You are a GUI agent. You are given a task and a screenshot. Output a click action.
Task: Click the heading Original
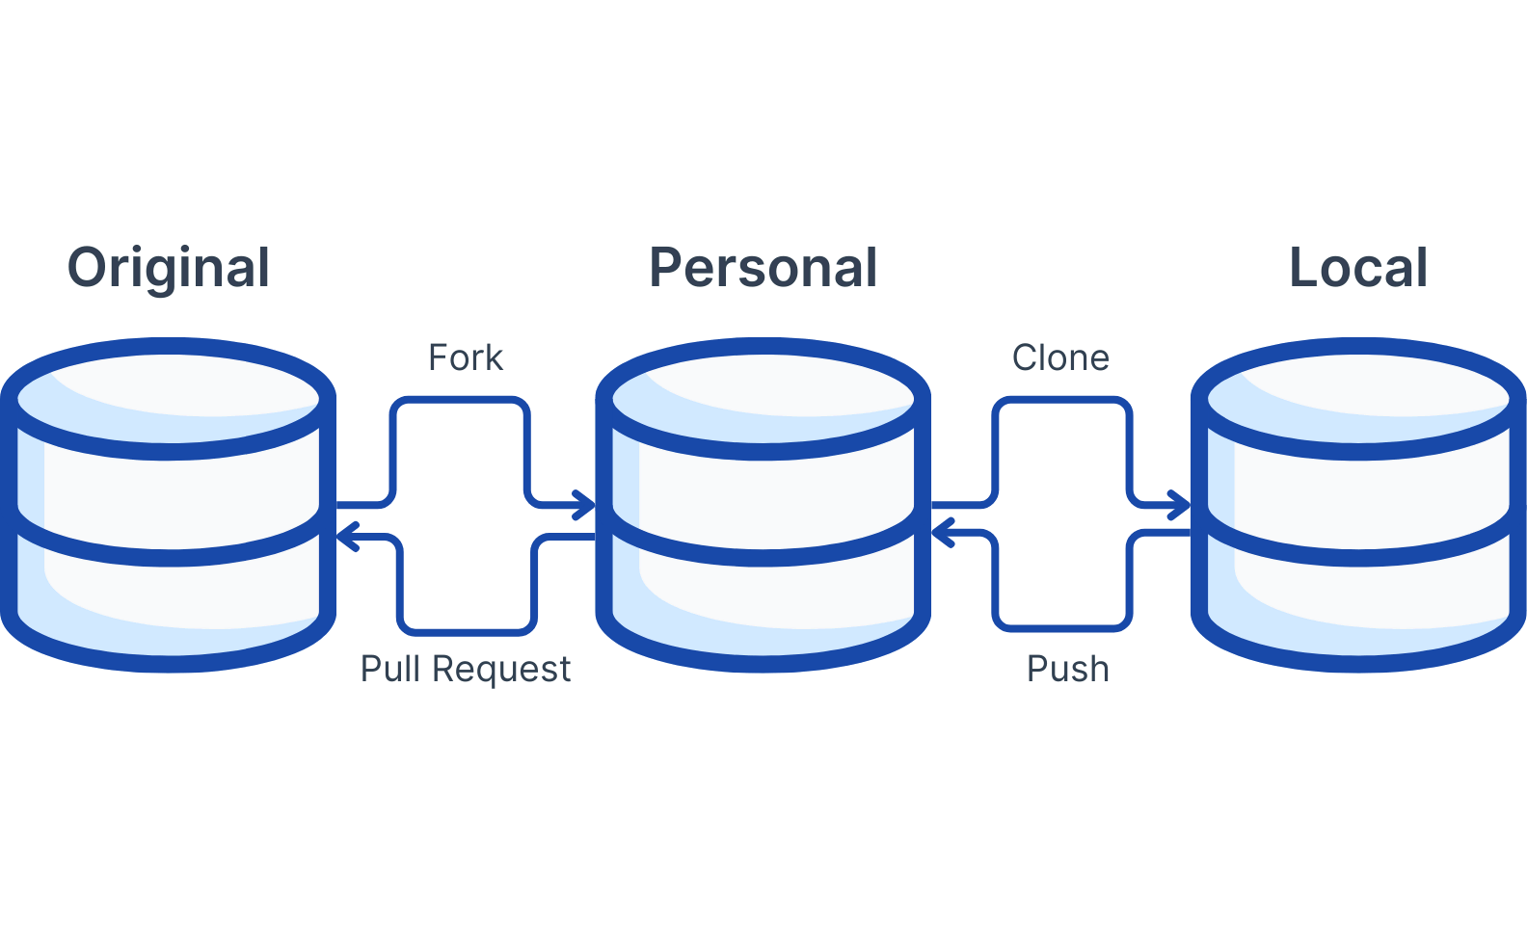tap(169, 268)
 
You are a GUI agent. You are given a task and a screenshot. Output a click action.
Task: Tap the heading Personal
tap(763, 268)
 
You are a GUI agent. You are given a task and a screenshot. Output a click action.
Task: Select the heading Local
tap(1357, 268)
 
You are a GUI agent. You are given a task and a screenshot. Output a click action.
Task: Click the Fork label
tap(466, 357)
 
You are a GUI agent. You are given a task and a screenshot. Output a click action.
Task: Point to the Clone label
tap(1060, 357)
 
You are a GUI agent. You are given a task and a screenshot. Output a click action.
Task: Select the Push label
tap(1068, 669)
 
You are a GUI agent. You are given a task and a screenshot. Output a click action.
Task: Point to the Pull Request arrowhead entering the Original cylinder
tap(347, 537)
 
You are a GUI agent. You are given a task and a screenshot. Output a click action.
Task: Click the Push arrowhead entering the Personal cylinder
tap(942, 532)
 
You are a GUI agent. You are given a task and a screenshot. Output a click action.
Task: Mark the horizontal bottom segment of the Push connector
tap(1060, 628)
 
